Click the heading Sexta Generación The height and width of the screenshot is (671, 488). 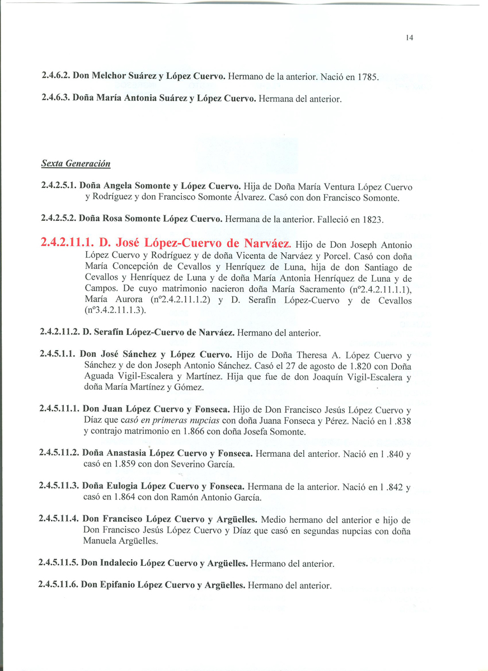(x=76, y=164)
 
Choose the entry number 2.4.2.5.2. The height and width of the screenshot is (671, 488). (x=58, y=219)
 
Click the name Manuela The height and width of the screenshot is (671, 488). (x=100, y=541)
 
